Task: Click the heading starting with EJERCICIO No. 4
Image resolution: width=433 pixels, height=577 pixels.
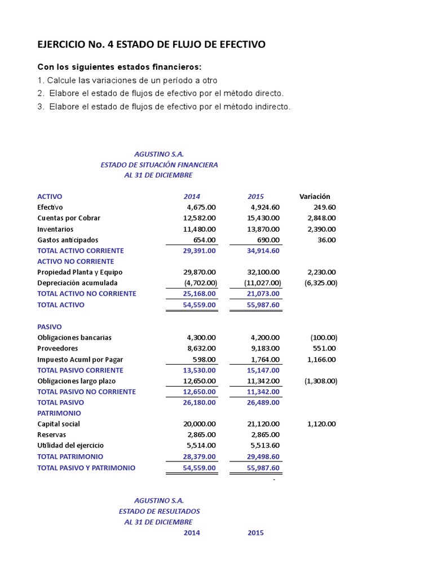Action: point(151,45)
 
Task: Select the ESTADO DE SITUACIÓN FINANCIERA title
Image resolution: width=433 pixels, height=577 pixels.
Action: point(159,165)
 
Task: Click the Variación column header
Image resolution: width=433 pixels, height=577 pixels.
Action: point(315,197)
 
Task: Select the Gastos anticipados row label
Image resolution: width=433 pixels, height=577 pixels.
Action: point(68,240)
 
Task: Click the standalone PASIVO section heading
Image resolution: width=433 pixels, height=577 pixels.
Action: point(50,327)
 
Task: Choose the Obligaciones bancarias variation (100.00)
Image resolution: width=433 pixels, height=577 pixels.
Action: point(324,338)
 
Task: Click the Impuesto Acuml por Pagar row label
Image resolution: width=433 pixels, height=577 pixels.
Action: point(80,359)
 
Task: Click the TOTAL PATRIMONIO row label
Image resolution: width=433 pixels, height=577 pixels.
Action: point(70,456)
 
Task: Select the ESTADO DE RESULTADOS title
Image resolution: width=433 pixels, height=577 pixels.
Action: point(159,511)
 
